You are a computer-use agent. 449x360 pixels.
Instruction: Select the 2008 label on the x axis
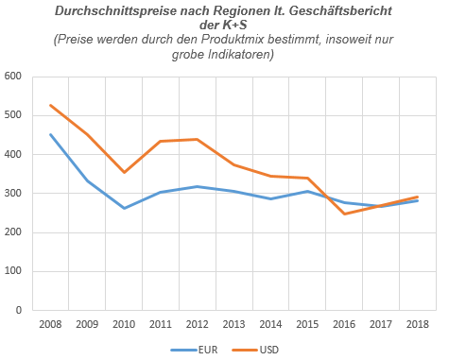pyautogui.click(x=50, y=324)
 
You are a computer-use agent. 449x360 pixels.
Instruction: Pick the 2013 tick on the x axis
pyautogui.click(x=233, y=324)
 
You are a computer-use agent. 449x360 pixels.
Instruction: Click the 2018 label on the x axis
pyautogui.click(x=416, y=324)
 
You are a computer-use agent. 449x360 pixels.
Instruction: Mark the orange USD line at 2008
pyautogui.click(x=50, y=105)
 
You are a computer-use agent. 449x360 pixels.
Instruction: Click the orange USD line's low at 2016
pyautogui.click(x=343, y=214)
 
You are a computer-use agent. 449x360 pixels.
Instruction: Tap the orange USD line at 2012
pyautogui.click(x=197, y=139)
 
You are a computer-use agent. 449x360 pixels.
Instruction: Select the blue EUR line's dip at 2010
pyautogui.click(x=124, y=208)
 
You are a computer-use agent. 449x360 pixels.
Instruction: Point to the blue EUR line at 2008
pyautogui.click(x=50, y=134)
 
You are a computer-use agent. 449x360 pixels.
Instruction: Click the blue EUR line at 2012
pyautogui.click(x=197, y=186)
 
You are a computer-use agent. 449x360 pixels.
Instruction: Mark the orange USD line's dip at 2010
pyautogui.click(x=124, y=172)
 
